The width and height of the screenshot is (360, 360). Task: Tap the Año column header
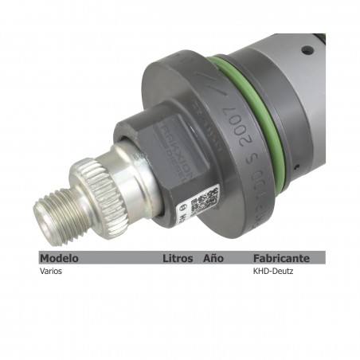coord(213,258)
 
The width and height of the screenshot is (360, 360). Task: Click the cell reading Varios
coord(51,271)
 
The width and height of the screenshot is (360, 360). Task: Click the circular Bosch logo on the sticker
coord(181,213)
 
